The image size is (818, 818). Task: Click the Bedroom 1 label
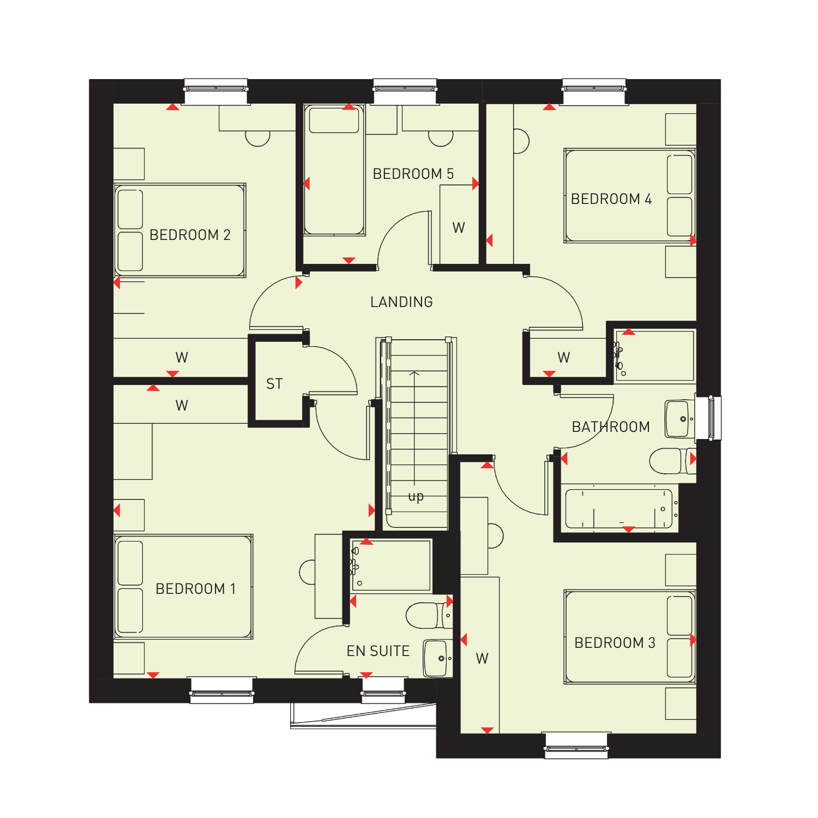point(196,589)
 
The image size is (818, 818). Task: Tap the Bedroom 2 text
point(190,235)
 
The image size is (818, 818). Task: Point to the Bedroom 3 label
point(615,643)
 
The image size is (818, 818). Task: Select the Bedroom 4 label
point(611,199)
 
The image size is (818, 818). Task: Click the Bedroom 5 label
point(413,174)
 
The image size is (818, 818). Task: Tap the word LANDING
point(402,302)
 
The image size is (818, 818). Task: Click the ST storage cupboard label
point(274,384)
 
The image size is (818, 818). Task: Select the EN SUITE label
point(378,651)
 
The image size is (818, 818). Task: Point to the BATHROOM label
point(611,427)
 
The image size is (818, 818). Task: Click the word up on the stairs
point(416,497)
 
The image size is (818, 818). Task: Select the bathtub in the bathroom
point(619,509)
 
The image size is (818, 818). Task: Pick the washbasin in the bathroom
point(679,419)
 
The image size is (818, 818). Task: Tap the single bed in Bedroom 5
point(334,170)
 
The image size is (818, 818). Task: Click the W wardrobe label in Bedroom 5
point(459,228)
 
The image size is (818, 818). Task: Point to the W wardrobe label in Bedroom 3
point(482,659)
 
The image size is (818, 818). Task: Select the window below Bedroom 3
point(576,745)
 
